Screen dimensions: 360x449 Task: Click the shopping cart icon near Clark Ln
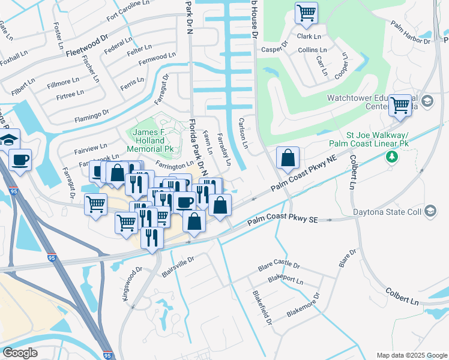click(306, 13)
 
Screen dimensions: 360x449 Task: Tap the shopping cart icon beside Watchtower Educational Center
click(400, 105)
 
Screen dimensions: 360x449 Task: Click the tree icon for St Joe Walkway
click(392, 157)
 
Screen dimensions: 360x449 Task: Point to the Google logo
click(20, 353)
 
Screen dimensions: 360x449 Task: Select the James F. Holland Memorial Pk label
click(152, 140)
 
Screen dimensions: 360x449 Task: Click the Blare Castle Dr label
click(278, 265)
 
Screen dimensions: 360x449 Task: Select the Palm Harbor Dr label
click(410, 34)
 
